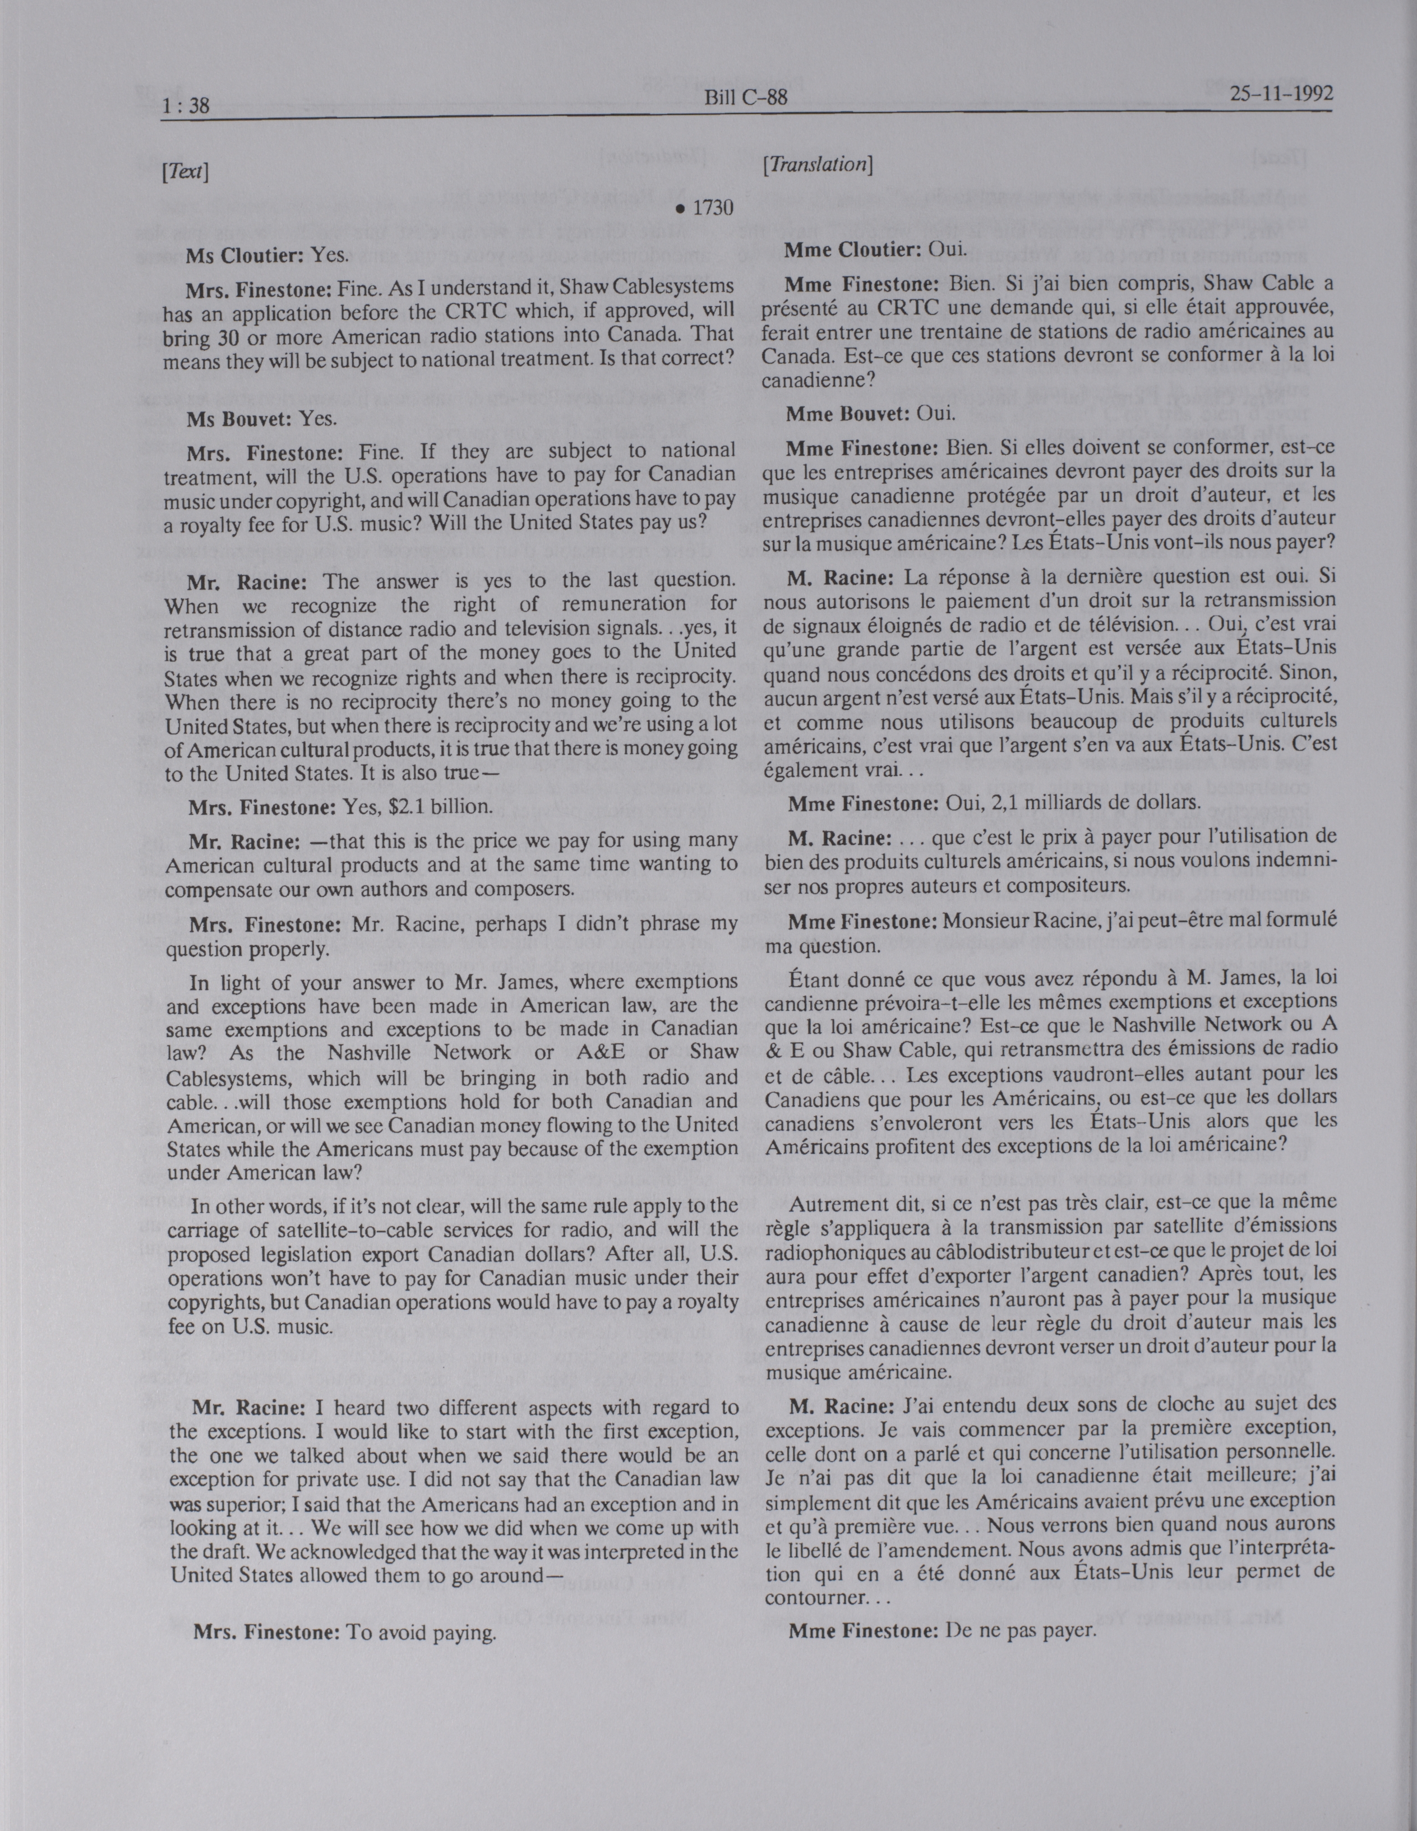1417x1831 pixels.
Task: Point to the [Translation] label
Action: click(x=818, y=165)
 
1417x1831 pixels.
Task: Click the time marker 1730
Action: click(x=709, y=208)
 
